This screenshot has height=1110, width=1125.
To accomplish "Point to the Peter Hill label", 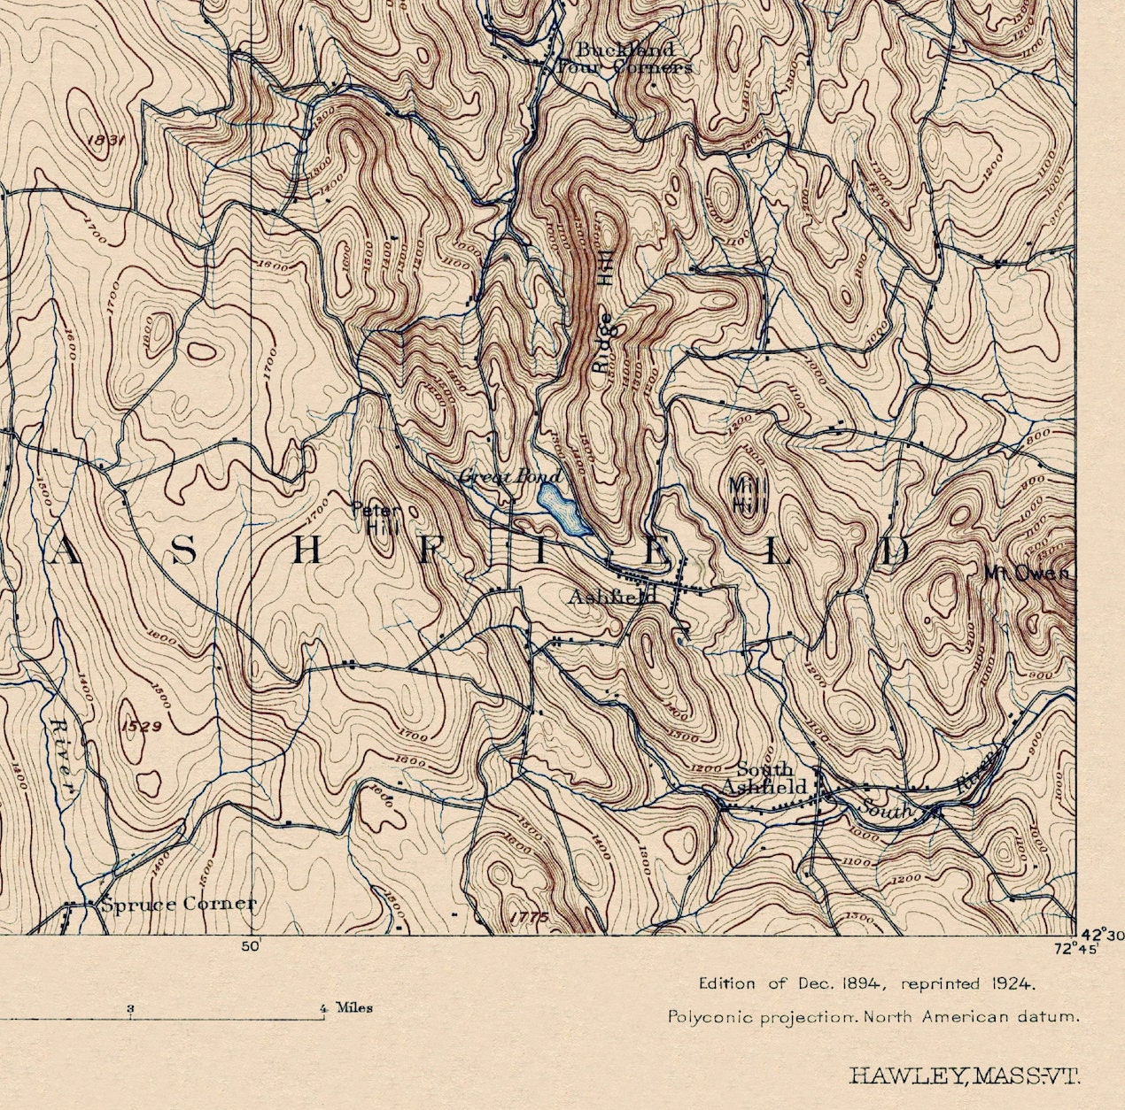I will (x=376, y=519).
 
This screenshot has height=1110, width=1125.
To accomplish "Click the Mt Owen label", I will (x=1027, y=574).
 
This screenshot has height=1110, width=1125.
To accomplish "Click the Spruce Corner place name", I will (x=178, y=904).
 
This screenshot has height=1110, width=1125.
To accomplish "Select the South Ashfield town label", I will (x=764, y=779).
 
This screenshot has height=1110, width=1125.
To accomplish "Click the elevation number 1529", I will (x=140, y=727).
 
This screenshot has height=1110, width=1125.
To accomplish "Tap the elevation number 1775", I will (x=530, y=918).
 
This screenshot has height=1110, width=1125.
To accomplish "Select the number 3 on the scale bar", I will (x=130, y=1008).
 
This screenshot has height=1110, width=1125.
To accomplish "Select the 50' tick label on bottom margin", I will (x=250, y=946).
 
